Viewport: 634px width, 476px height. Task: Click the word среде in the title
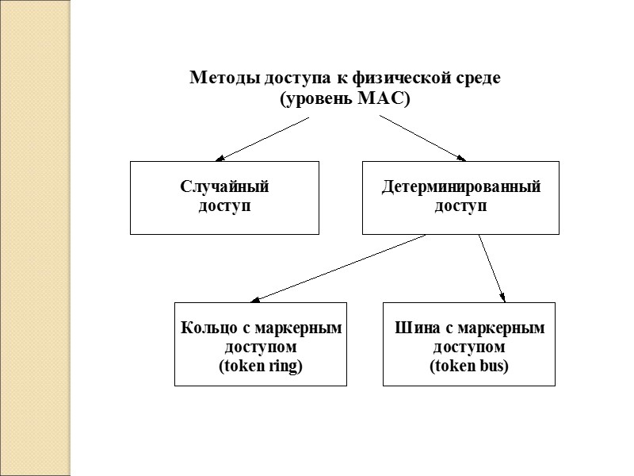pos(480,79)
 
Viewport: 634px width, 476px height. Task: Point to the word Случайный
pos(225,187)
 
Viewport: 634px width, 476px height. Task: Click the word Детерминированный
pos(460,187)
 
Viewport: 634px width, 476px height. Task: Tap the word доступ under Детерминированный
pos(460,206)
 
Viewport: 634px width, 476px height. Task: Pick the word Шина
pos(414,328)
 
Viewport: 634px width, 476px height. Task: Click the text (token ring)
pos(260,367)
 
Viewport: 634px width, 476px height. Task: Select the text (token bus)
pos(469,367)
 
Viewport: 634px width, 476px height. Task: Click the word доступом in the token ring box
pos(260,347)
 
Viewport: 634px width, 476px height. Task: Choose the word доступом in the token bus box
pos(469,347)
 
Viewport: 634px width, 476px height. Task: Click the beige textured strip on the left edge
pos(36,238)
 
